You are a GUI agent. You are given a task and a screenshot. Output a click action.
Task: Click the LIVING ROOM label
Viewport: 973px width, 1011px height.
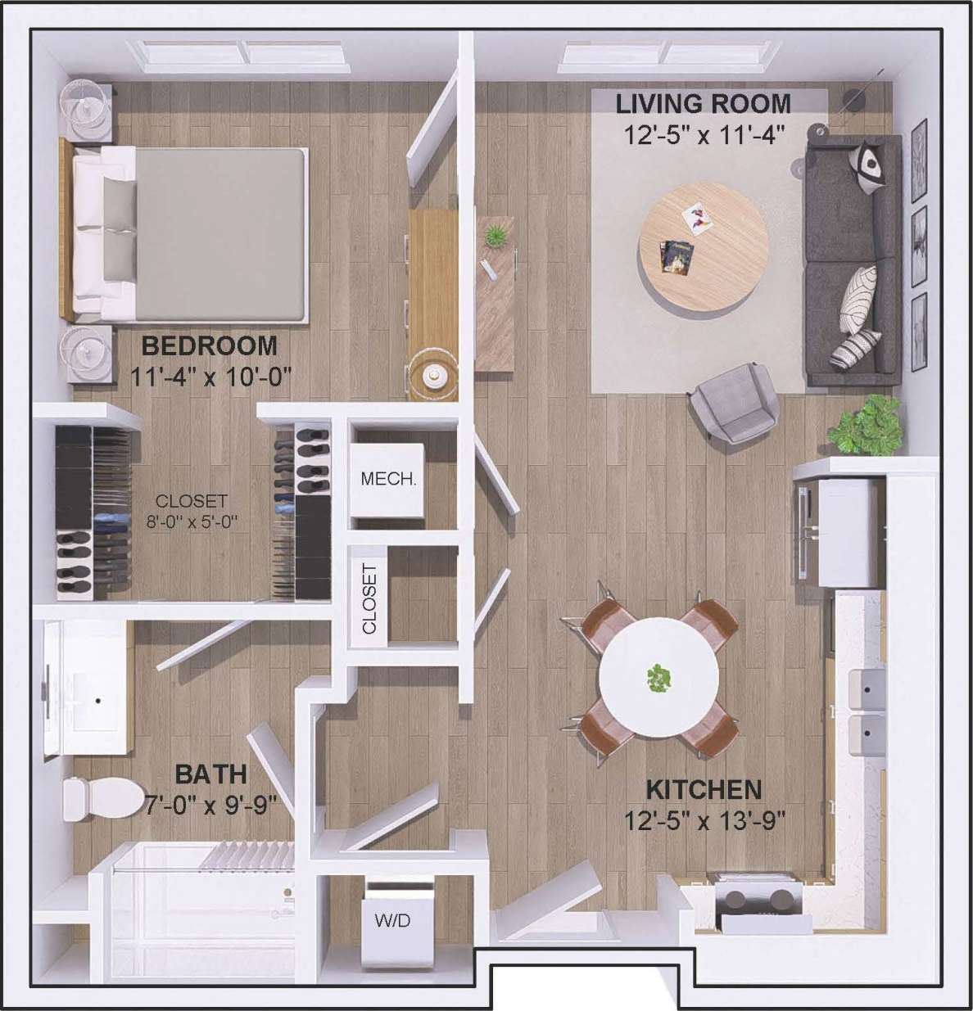tap(703, 105)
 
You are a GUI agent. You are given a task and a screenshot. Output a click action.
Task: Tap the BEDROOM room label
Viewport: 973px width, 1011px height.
tap(210, 345)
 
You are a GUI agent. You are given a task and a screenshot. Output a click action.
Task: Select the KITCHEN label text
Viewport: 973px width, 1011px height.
tap(704, 789)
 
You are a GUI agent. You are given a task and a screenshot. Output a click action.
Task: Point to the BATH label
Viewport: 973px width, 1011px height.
tap(211, 774)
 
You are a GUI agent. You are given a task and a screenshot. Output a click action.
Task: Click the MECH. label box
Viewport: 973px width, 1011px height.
tap(388, 479)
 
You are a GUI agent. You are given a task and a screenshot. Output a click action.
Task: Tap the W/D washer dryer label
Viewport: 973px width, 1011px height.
tap(392, 920)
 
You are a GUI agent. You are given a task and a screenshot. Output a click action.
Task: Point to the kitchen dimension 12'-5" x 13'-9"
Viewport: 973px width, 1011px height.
tap(704, 819)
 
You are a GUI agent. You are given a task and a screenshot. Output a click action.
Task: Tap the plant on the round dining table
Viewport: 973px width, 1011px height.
tap(658, 678)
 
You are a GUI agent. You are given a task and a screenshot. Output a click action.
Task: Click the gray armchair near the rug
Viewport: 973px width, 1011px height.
tap(734, 402)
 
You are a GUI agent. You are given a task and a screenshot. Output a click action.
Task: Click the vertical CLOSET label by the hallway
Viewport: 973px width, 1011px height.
tap(369, 598)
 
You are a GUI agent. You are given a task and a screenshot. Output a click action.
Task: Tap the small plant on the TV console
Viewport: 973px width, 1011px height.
tap(495, 237)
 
